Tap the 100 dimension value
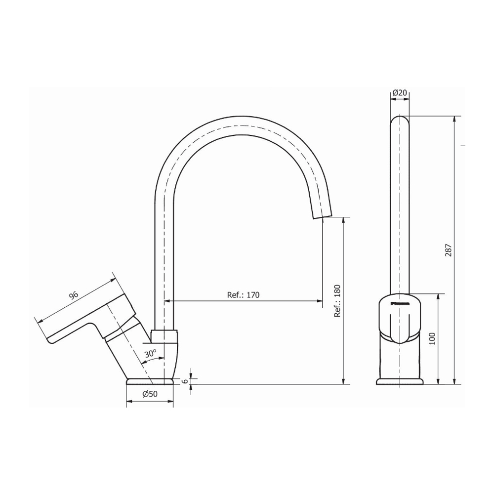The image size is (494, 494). (x=432, y=338)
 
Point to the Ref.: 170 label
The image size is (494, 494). (x=243, y=295)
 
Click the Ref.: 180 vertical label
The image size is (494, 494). (x=337, y=301)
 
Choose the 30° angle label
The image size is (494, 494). (x=151, y=354)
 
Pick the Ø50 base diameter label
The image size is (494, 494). (x=150, y=394)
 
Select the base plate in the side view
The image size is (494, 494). (x=150, y=381)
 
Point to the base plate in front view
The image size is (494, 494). (x=400, y=381)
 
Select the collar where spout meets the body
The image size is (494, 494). (x=165, y=336)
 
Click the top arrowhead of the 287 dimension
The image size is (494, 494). (x=454, y=119)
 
